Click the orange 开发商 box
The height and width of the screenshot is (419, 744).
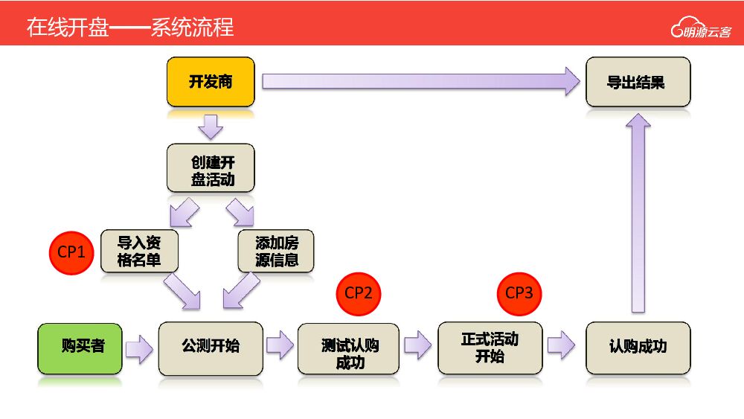pyautogui.click(x=211, y=83)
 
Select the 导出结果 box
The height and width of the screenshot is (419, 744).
pyautogui.click(x=638, y=83)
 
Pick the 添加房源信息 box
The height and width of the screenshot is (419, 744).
pyautogui.click(x=276, y=252)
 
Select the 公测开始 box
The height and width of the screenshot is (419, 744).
pyautogui.click(x=211, y=347)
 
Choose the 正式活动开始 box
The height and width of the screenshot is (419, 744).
pyautogui.click(x=489, y=347)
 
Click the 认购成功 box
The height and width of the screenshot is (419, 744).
pyautogui.click(x=638, y=347)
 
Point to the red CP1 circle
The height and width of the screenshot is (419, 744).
pyautogui.click(x=71, y=252)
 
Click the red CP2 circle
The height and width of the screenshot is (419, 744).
pyautogui.click(x=359, y=293)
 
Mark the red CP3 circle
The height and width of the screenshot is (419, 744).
pyautogui.click(x=519, y=293)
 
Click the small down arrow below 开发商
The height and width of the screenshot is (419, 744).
pyautogui.click(x=211, y=127)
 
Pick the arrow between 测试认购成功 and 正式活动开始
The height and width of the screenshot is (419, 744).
pyautogui.click(x=418, y=345)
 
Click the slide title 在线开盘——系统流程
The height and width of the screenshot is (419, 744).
pyautogui.click(x=130, y=28)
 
